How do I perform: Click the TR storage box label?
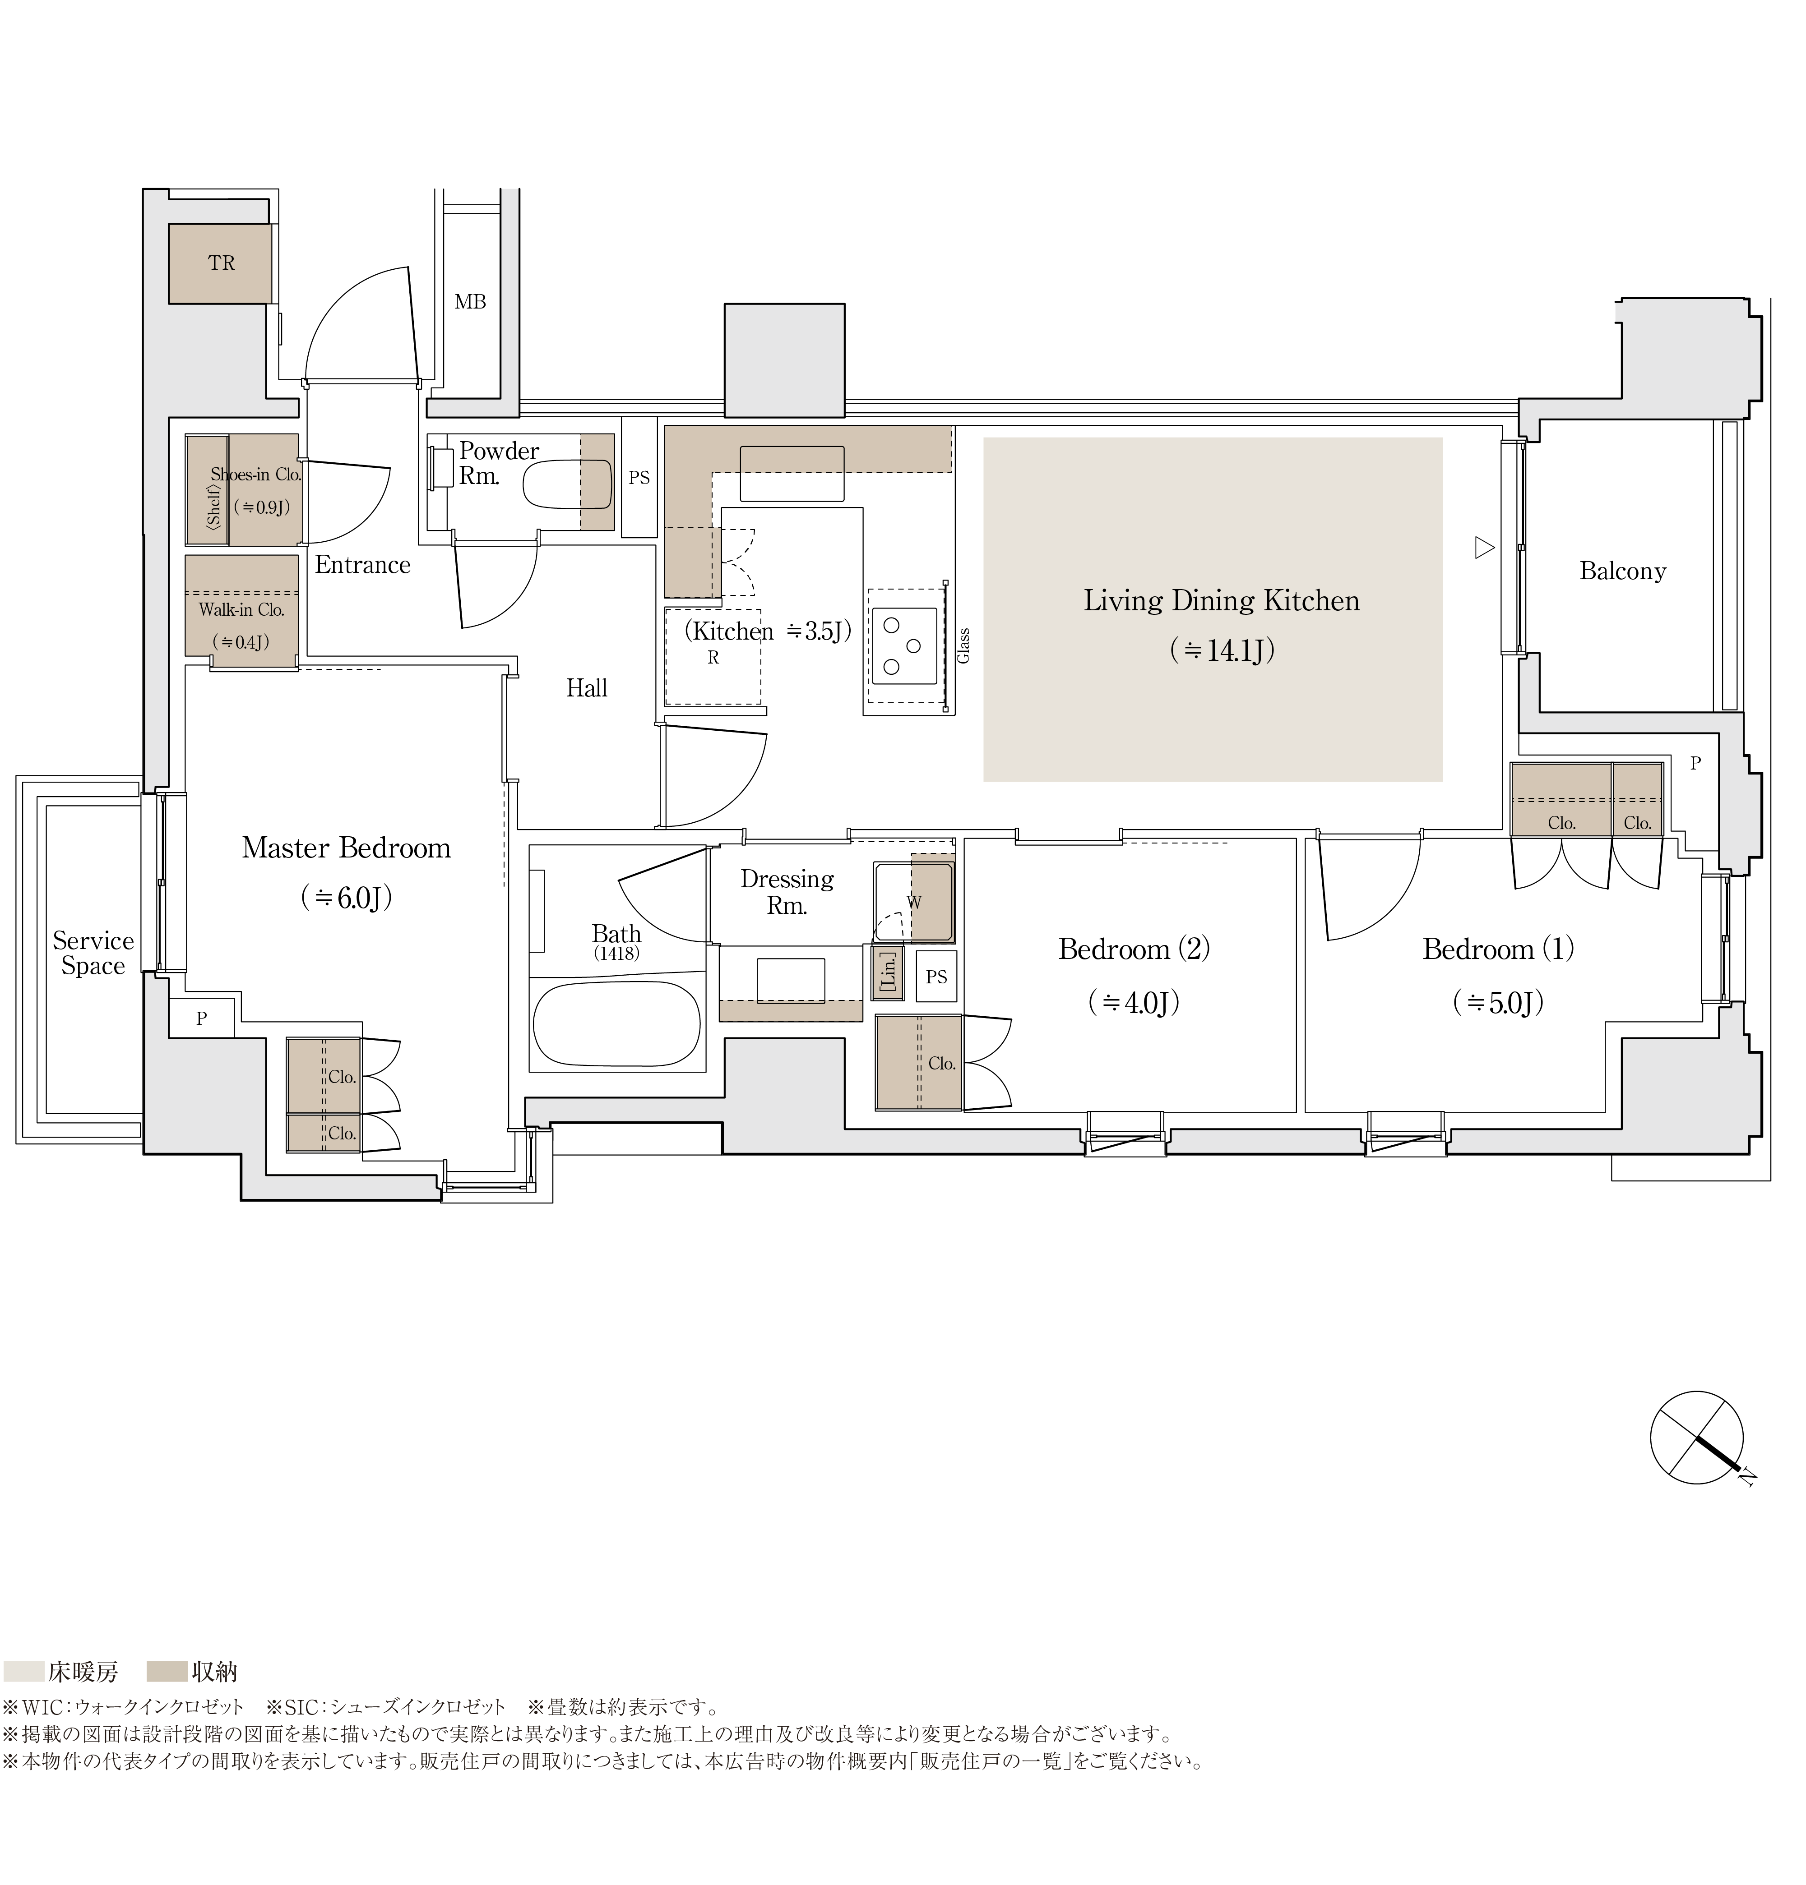point(221,263)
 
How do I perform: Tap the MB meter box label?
point(471,302)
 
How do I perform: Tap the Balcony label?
point(1622,571)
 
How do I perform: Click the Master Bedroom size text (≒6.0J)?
point(347,898)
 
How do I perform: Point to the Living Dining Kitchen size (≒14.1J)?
point(1222,651)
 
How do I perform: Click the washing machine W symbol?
point(914,902)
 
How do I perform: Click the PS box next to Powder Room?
point(639,477)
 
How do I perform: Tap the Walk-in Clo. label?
point(241,610)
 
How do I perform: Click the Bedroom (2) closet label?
point(942,1064)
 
